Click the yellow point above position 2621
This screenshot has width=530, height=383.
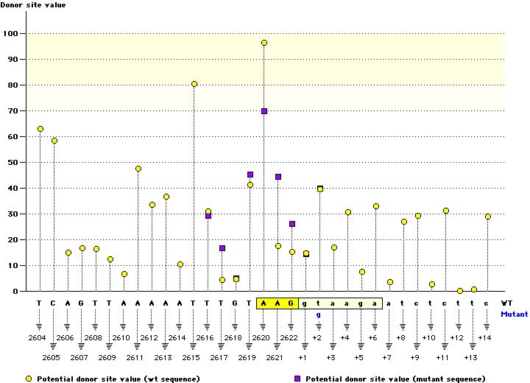278,246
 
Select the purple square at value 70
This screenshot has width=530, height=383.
264,111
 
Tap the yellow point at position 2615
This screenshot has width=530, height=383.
194,84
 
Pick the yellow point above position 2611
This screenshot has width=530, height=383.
138,169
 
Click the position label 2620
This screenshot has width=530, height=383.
261,337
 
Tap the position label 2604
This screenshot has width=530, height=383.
37,337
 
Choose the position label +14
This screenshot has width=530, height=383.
484,337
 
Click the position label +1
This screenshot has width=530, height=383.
303,356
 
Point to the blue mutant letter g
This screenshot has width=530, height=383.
319,315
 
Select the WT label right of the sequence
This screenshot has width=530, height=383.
507,303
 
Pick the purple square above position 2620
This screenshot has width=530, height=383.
250,175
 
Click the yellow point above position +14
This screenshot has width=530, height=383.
488,217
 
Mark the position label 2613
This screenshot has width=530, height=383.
163,356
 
